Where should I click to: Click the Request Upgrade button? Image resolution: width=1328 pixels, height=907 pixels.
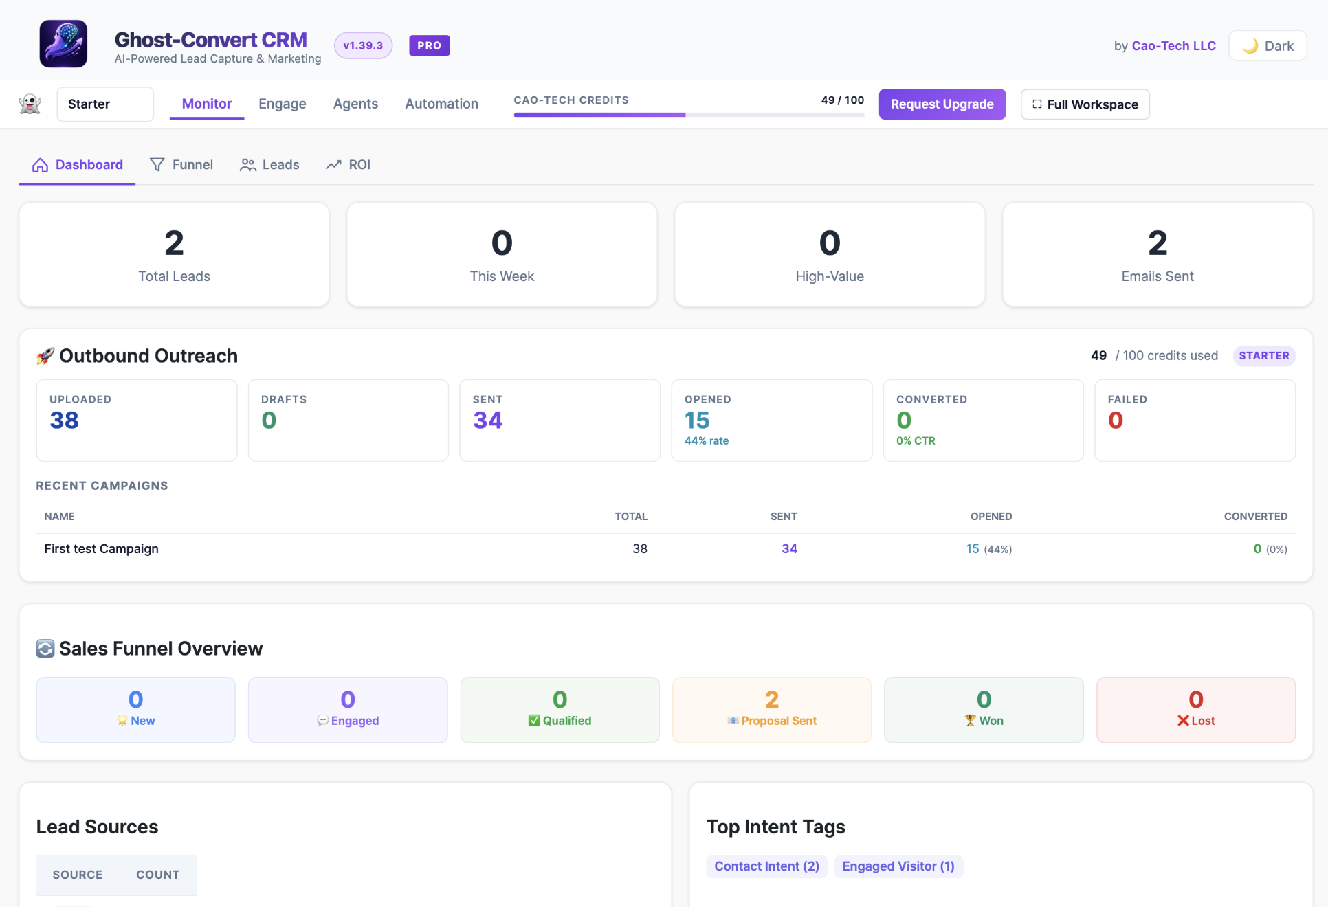coord(942,104)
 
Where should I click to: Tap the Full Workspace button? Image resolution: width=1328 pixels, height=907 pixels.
coord(1085,104)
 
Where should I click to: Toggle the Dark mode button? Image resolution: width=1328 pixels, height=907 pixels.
coord(1268,46)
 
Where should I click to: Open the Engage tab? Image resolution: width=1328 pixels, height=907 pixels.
coord(283,104)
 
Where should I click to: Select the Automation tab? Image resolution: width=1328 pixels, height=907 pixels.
coord(441,104)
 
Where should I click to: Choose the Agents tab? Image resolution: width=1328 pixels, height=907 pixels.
coord(355,104)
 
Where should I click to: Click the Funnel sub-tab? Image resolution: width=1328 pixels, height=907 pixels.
coord(181,165)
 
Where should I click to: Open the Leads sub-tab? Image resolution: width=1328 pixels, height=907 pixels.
coord(269,165)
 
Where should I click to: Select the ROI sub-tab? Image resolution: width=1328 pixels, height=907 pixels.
coord(348,165)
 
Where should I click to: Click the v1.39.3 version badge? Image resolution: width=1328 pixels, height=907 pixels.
coord(363,46)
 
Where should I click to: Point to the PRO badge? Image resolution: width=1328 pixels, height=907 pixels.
coord(430,46)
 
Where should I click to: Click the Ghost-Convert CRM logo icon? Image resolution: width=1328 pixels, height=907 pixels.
coord(63,44)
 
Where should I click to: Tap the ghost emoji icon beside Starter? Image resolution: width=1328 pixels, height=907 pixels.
coord(30,104)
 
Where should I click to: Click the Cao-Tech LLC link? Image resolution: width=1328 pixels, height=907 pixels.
coord(1173,46)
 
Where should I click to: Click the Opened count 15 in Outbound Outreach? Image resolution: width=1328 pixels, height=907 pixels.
coord(697,421)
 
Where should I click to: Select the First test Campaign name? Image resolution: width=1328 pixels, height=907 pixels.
coord(101,549)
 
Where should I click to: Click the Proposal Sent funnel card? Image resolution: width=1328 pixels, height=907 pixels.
coord(771,710)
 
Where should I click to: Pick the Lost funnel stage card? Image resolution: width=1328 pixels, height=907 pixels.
coord(1196,710)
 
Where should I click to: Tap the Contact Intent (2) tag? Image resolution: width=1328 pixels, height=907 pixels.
coord(766,866)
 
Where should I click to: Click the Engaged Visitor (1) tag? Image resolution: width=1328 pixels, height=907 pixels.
coord(898,866)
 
